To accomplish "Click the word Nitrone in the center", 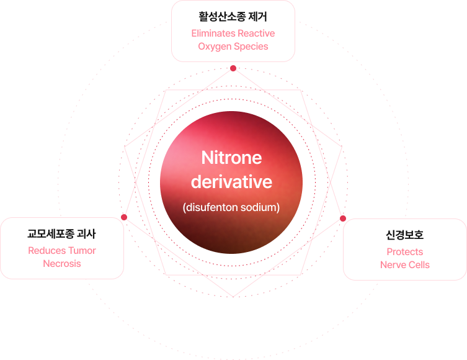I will [231, 158].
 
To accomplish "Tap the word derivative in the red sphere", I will [231, 182].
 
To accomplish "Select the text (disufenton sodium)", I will [231, 207].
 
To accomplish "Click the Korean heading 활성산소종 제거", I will [233, 17].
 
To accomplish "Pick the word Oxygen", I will [215, 47].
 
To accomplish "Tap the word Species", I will [252, 47].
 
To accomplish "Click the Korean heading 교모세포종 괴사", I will [62, 234].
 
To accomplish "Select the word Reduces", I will [47, 251].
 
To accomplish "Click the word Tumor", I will [82, 251].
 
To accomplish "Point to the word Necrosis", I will [62, 264].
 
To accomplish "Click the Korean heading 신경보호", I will [404, 235].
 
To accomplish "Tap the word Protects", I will [404, 252].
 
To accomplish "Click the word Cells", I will [419, 265].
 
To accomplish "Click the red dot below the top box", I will [233, 68].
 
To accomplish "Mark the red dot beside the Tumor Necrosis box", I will [124, 217].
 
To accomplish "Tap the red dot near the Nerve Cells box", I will [342, 218].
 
